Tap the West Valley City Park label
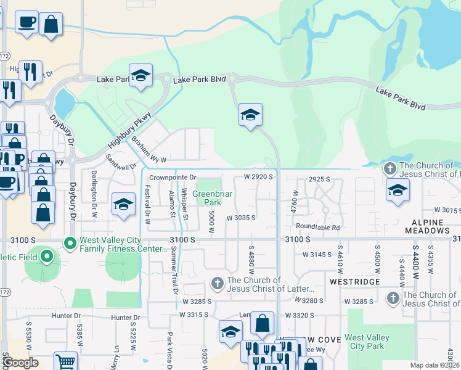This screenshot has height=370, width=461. (x=366, y=342)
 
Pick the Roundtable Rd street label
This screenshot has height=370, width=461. (x=322, y=227)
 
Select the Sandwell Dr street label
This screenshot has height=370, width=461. (x=120, y=162)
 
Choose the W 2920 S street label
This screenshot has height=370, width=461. (x=258, y=176)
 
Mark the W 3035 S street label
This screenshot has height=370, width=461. (x=240, y=218)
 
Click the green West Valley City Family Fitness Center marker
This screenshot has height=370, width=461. (x=70, y=243)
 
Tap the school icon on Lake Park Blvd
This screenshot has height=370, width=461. (x=141, y=76)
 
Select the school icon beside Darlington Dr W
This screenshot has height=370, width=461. (x=123, y=205)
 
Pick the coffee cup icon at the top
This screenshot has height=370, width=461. (x=27, y=23)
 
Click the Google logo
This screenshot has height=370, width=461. (x=20, y=363)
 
